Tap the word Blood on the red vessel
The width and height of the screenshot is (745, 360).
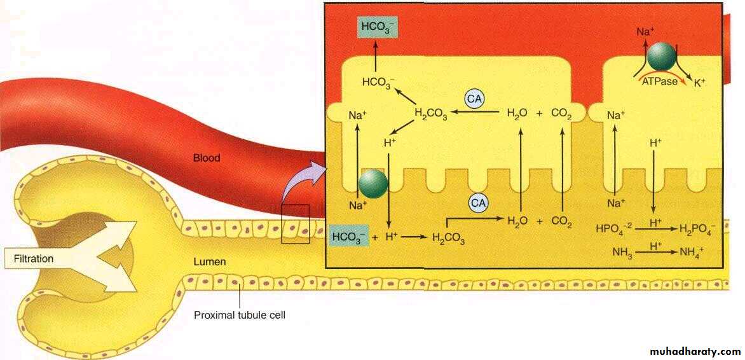click(x=207, y=157)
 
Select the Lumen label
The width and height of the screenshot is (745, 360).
click(x=210, y=261)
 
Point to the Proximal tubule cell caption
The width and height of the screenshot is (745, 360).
click(x=240, y=314)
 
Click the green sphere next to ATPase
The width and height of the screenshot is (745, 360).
click(x=663, y=57)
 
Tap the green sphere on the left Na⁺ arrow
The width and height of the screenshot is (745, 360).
click(x=373, y=184)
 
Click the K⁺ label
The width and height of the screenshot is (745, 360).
click(x=700, y=82)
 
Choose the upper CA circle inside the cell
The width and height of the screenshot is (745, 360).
click(x=474, y=100)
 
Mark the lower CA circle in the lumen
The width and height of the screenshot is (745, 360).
click(x=479, y=203)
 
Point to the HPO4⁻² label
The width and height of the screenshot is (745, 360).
click(x=613, y=228)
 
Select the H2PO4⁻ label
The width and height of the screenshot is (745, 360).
click(x=697, y=228)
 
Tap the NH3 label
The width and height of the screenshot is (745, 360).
click(x=621, y=252)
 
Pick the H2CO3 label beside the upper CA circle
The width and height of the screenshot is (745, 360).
click(x=430, y=114)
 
